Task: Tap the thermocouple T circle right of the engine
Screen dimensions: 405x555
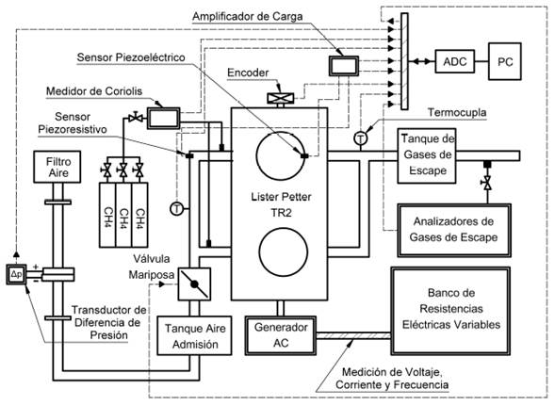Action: [361, 138]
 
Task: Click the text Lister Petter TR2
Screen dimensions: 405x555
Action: [279, 206]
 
